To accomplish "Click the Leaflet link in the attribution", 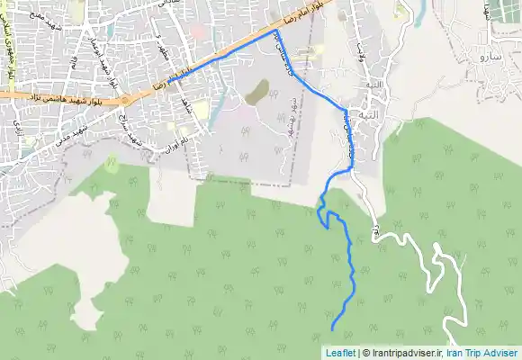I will (x=339, y=353).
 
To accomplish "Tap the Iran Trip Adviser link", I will (x=484, y=353).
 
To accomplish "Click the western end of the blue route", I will (x=168, y=79).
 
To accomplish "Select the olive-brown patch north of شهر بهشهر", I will (x=257, y=90).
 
